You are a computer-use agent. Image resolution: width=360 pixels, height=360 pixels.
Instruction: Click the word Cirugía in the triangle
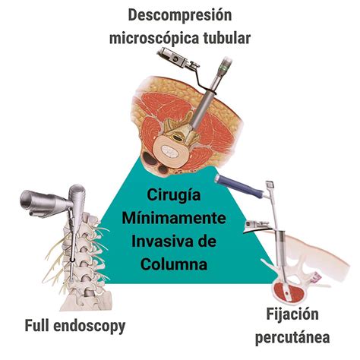pos(174,196)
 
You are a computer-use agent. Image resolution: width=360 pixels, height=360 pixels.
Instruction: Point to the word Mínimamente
pos(174,218)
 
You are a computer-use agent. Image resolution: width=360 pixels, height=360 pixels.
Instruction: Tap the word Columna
pos(174,264)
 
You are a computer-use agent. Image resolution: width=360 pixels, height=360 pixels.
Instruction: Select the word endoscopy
pos(90,327)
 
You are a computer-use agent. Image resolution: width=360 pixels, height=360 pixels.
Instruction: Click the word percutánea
pos(292,337)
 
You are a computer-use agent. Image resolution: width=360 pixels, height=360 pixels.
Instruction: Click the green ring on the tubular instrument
pos(224,68)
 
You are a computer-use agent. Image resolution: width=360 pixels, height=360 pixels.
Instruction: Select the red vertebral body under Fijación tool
pos(289,294)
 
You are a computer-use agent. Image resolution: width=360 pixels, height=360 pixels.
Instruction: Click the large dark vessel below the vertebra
pos(150,159)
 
